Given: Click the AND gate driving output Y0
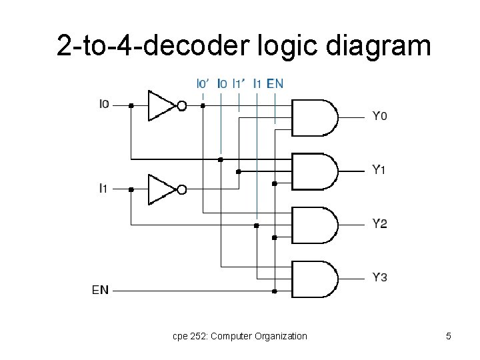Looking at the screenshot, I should coord(313,118).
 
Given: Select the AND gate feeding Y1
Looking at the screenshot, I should coord(313,171).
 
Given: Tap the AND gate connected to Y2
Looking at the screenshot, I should coord(313,225).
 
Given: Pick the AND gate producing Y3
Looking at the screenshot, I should coord(313,279).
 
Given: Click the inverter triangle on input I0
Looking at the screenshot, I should coord(160,105).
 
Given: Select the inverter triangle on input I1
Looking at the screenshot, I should coord(160,189).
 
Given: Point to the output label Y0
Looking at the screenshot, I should coord(379,117).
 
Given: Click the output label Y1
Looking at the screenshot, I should coord(379,170).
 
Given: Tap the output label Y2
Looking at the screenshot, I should coord(379,224).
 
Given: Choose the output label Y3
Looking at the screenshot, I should coord(379,277).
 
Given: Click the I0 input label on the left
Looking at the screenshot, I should coord(104,104).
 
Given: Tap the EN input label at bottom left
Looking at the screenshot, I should coord(101,290).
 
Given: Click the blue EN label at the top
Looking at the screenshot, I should coord(275,83).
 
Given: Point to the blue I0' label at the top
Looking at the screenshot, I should coord(203,83).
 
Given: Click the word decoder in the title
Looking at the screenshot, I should coord(196,47).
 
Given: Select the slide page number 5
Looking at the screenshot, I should coord(449,336).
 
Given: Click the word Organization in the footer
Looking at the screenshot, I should coord(281,336).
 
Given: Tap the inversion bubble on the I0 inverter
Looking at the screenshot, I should coord(181,105).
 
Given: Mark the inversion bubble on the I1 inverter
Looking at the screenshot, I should coord(181,189).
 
